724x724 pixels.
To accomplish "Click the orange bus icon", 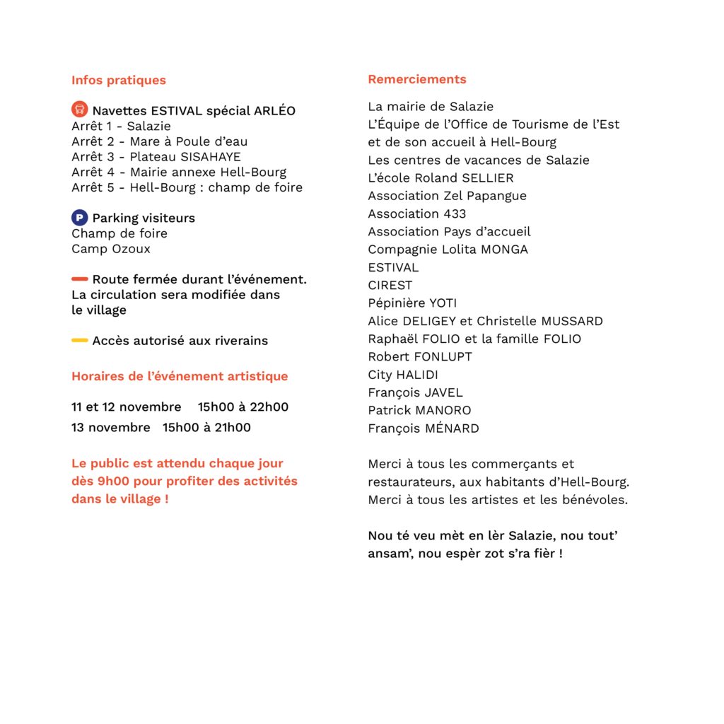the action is tap(79, 109).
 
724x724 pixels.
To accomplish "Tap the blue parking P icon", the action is tap(79, 218).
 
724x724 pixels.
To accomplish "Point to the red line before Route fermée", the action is tap(79, 279).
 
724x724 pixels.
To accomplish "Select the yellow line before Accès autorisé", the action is tap(79, 340).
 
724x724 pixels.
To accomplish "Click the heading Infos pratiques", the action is tap(119, 81).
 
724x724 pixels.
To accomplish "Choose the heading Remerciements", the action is tap(417, 79).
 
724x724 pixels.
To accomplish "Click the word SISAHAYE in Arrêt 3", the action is tap(211, 157).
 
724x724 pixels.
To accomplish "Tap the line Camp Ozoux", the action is tap(111, 249).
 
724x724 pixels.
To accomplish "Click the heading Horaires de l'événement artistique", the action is tap(180, 376).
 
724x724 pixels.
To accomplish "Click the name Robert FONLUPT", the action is tap(420, 357).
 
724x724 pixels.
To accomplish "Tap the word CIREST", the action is tap(390, 286).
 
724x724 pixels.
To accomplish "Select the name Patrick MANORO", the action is tap(419, 411).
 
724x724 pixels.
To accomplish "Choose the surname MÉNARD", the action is tap(452, 428).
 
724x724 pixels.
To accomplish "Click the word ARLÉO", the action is tap(275, 110).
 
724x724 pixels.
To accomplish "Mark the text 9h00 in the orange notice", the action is tap(113, 481).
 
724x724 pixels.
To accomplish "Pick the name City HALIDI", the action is tap(402, 375).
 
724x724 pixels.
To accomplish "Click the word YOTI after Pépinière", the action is tap(443, 303).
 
